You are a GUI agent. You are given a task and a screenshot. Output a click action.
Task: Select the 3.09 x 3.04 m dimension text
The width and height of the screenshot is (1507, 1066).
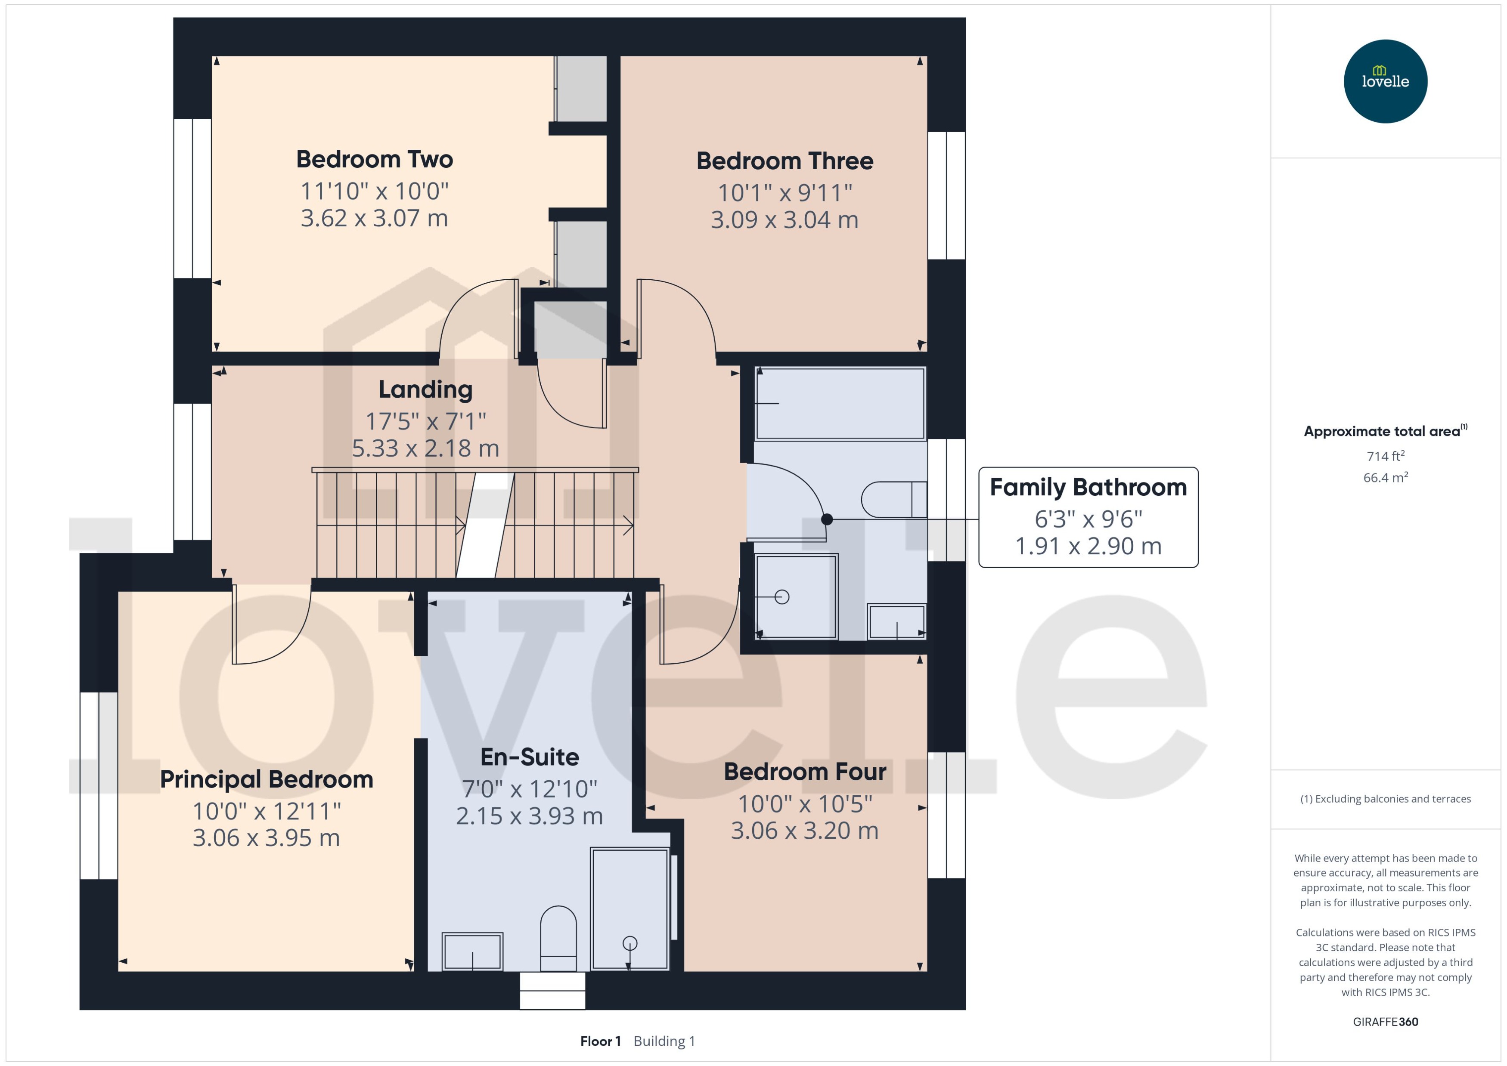pos(784,220)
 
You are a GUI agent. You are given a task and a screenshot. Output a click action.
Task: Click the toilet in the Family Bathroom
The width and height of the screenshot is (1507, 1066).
pos(893,500)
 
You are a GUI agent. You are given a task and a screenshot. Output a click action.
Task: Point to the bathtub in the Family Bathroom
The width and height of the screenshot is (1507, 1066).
pos(840,404)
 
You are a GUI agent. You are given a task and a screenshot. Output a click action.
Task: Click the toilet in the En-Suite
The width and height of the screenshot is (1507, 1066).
pos(558,939)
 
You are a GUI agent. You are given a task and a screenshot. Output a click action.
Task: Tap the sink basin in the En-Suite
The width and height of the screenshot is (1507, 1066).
pos(472,951)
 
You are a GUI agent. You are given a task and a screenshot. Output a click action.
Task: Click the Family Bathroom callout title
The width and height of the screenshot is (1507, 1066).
pos(1088,488)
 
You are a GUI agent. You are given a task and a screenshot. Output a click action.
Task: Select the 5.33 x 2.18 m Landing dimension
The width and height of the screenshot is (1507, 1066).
pos(425,449)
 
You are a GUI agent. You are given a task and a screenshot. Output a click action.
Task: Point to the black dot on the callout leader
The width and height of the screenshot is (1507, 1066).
pos(827,519)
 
